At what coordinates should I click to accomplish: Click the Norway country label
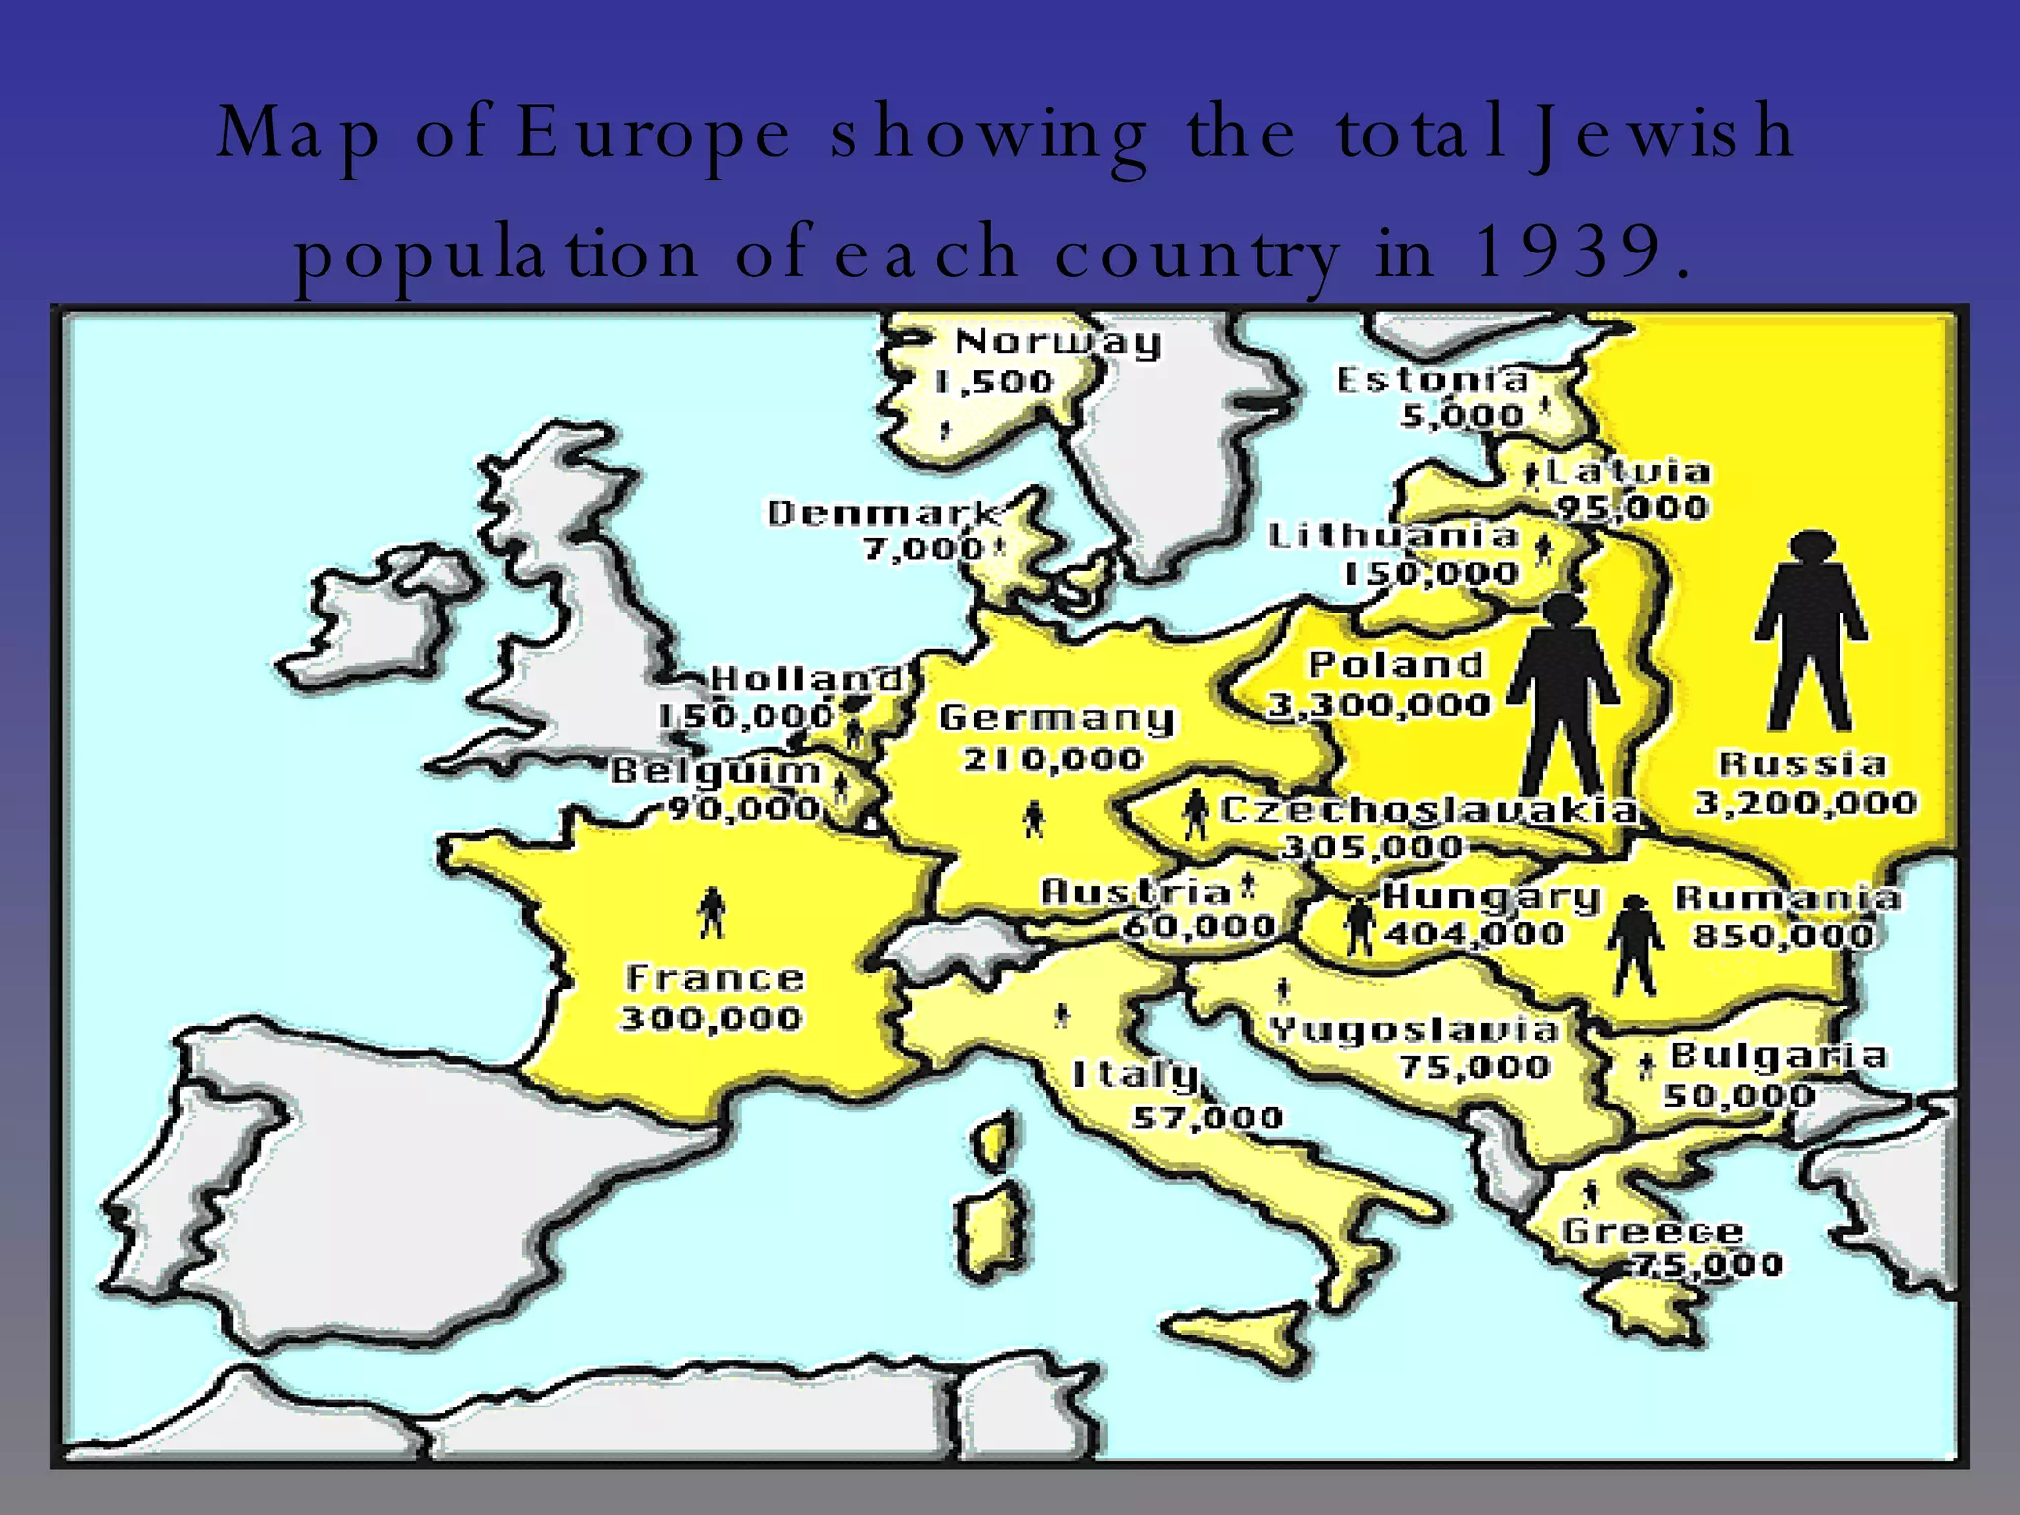tap(1057, 341)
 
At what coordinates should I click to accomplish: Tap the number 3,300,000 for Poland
tap(1379, 704)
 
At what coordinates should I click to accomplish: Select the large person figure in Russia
tap(1810, 631)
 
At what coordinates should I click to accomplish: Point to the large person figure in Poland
tap(1563, 695)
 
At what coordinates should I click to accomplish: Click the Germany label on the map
tap(1056, 718)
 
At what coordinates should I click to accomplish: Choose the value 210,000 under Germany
tap(1052, 758)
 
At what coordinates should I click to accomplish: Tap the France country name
tap(715, 978)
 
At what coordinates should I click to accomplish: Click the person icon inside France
tap(711, 911)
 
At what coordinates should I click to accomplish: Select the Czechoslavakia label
tap(1429, 810)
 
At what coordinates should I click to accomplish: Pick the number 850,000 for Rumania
tap(1783, 934)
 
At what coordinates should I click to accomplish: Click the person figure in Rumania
tap(1634, 946)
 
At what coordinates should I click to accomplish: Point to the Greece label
tap(1653, 1231)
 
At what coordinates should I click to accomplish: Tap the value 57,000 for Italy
tap(1208, 1118)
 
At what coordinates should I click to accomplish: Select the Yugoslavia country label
tap(1414, 1030)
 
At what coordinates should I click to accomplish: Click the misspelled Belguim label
tap(715, 770)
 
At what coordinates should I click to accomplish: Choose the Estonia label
tap(1432, 379)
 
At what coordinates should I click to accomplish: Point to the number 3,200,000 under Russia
tap(1806, 802)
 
